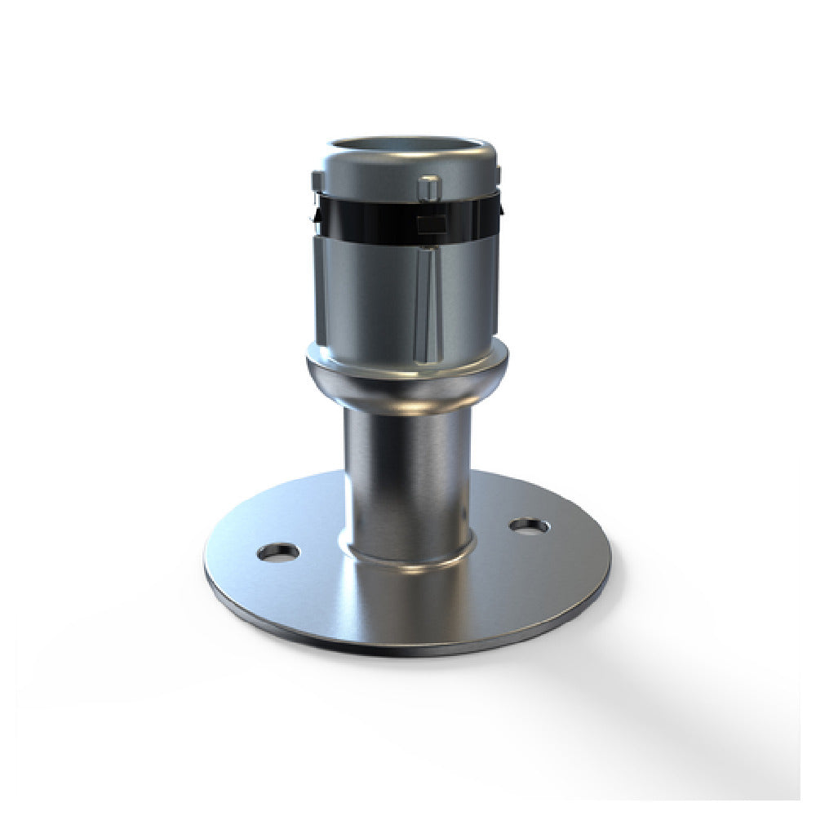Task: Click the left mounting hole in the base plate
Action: tap(277, 552)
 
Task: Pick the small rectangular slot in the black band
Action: tap(430, 224)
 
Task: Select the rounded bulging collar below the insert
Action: tap(406, 384)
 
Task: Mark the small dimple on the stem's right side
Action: tap(463, 515)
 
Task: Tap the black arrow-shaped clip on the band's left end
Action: tap(313, 214)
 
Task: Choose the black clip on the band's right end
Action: tap(500, 208)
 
